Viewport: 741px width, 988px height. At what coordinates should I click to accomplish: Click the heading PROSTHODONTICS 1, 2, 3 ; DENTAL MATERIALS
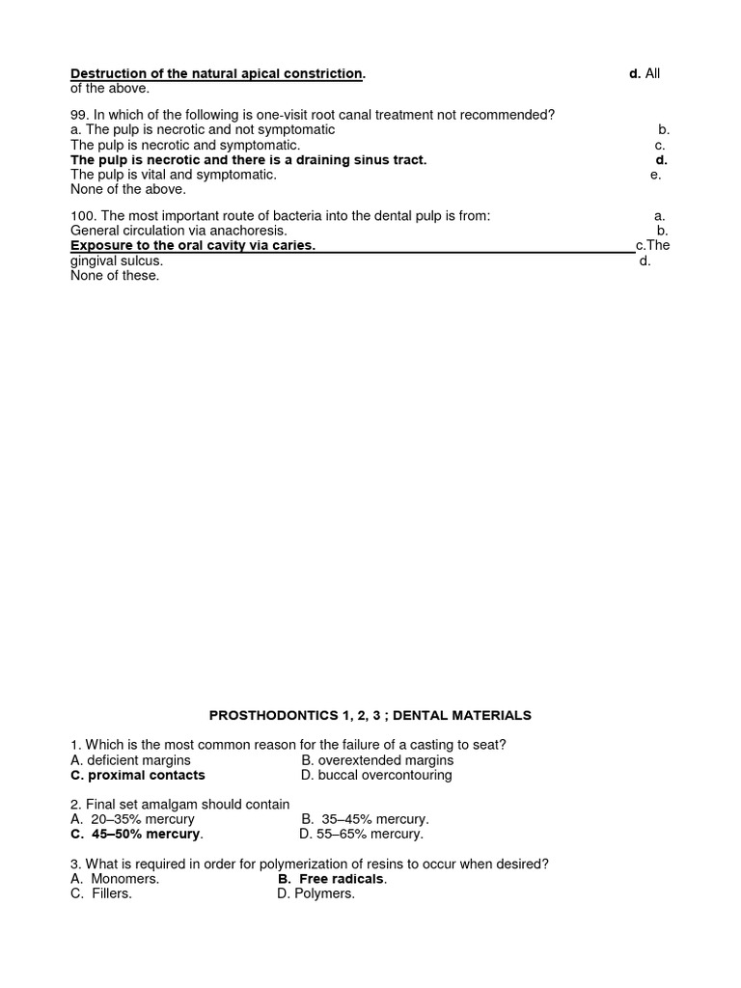370,715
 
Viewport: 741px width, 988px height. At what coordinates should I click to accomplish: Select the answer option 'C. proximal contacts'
138,775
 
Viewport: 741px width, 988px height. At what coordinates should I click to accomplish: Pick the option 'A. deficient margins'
130,760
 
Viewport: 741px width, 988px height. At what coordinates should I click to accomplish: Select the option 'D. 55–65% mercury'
361,834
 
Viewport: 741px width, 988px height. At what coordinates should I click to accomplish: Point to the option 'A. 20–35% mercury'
132,819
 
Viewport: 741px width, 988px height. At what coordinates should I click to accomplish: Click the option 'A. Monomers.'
115,879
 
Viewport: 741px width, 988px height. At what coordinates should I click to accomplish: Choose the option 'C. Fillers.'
101,893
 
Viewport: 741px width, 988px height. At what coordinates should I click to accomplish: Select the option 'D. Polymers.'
316,893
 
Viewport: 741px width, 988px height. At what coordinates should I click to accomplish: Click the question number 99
80,114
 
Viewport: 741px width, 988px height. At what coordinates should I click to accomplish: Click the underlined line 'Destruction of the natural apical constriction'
218,73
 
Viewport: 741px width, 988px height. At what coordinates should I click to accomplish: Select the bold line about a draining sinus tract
248,159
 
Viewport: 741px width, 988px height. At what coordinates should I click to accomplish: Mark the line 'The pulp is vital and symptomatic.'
174,175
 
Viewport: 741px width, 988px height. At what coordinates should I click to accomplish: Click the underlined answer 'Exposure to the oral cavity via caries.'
193,246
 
